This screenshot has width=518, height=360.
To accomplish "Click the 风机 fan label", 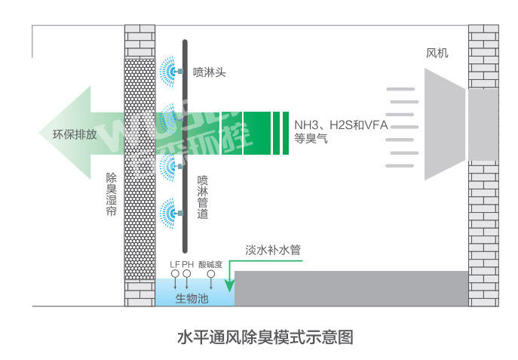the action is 437,53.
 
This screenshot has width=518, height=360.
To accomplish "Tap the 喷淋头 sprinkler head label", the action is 210,72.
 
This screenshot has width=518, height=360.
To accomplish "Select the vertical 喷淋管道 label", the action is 203,197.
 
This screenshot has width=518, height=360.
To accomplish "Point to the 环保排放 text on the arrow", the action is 75,134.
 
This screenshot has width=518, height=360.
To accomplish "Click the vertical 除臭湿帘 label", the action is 112,194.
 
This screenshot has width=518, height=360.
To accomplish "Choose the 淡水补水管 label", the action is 273,250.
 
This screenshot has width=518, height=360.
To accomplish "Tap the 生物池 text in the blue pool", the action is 192,299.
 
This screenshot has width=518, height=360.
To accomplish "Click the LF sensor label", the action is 174,264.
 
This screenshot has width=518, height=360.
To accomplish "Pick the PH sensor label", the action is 188,264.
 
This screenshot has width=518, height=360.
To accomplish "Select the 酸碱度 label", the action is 210,264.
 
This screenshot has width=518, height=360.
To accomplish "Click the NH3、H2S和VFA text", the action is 341,125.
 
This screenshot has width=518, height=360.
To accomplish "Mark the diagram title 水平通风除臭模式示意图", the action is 265,337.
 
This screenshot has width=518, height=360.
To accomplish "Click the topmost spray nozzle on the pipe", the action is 179,71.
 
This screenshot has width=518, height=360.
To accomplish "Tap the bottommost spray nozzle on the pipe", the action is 179,214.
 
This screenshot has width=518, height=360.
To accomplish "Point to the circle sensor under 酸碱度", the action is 211,274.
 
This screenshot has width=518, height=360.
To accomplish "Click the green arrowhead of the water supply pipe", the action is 230,286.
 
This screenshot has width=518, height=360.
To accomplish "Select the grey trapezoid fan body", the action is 445,125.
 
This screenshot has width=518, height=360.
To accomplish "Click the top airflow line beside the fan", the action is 400,89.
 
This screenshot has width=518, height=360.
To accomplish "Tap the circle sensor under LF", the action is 176,274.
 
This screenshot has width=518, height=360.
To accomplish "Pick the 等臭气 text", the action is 311,138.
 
